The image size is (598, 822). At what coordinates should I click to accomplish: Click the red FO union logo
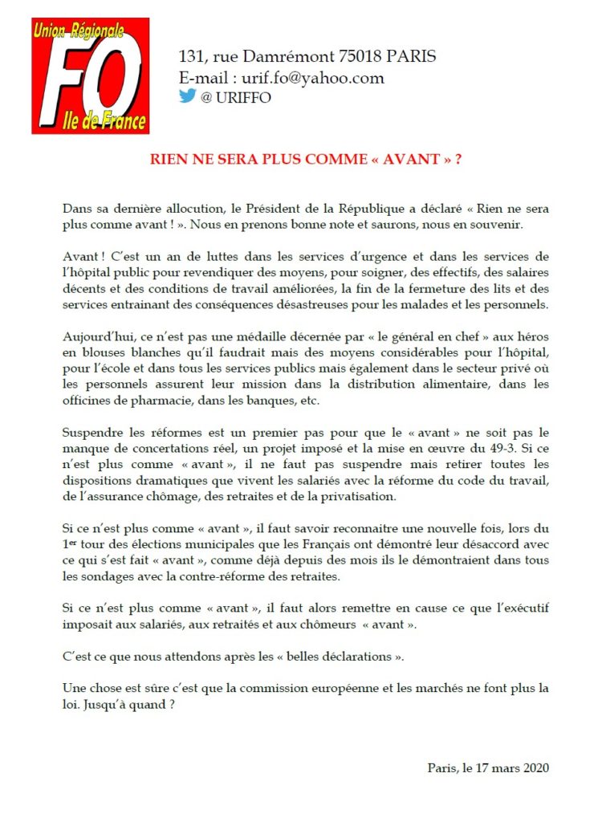point(90,76)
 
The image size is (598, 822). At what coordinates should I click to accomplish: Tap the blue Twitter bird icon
point(187,96)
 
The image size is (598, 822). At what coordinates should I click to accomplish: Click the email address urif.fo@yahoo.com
point(307,78)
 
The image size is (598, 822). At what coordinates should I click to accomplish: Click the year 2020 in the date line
point(532,767)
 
